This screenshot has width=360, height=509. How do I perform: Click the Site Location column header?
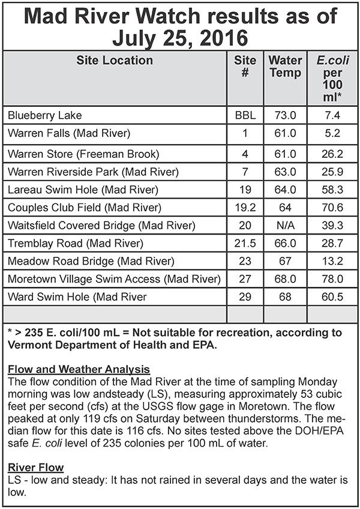(x=114, y=60)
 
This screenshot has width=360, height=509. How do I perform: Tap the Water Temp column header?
(x=285, y=67)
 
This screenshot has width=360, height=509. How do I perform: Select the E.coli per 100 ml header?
(x=333, y=79)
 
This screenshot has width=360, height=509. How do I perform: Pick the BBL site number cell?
(x=245, y=115)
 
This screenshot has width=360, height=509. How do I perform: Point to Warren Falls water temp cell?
(x=285, y=133)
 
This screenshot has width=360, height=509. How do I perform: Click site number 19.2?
(x=245, y=208)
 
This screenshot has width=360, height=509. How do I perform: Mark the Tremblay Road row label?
(x=74, y=244)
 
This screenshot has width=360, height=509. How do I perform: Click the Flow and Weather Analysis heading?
(x=78, y=369)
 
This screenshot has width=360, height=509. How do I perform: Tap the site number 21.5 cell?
(x=245, y=244)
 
